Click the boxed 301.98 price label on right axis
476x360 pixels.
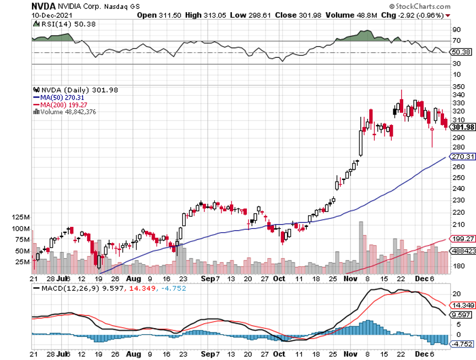click(x=463, y=127)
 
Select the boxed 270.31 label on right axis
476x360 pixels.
click(x=463, y=156)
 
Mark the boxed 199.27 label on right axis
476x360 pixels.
click(x=463, y=239)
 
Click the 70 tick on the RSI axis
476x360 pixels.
click(x=456, y=41)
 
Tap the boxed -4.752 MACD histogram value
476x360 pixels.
click(x=462, y=344)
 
